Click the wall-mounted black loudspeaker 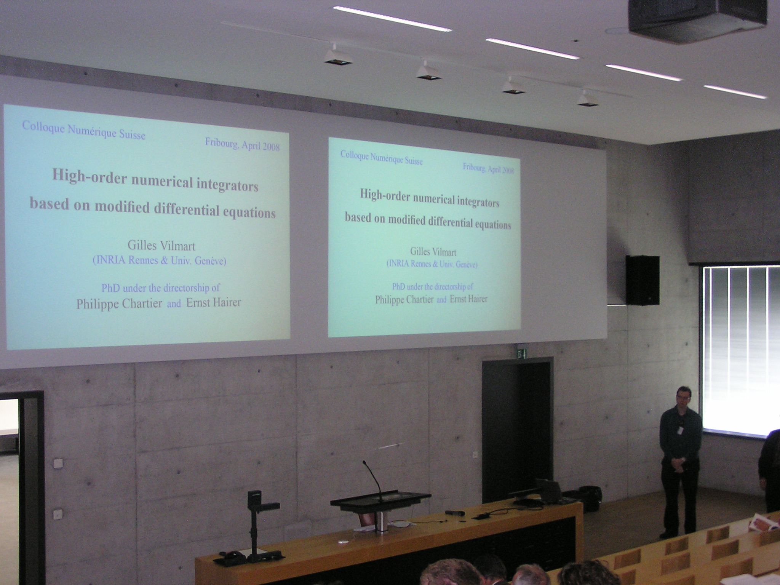643,280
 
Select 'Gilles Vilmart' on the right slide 433,251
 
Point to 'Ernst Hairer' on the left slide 213,302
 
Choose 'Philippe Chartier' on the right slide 404,299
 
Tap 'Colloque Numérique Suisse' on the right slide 381,157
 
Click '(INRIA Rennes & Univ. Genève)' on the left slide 159,262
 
